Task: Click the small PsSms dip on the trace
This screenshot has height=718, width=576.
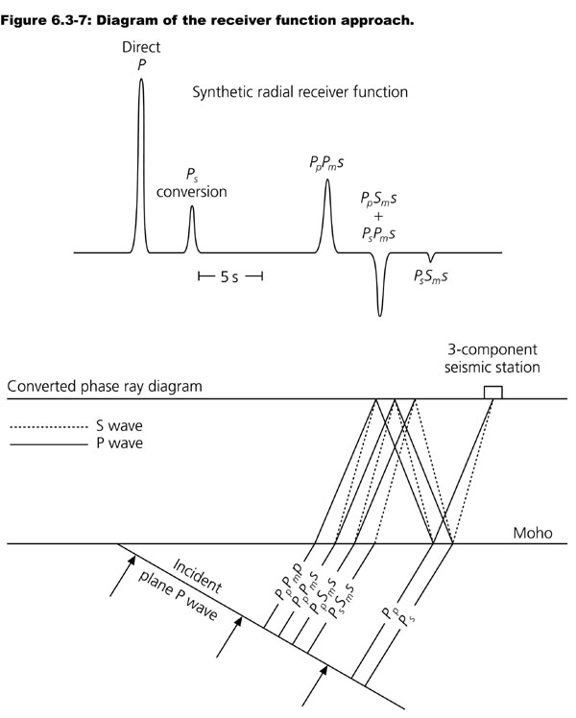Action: (431, 257)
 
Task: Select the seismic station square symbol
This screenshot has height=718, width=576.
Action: (492, 392)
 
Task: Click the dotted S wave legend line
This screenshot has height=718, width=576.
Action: (48, 425)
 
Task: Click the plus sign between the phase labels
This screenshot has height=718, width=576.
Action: (377, 217)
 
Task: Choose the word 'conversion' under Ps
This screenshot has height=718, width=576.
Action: (192, 191)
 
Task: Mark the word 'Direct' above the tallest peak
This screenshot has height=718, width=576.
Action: (141, 46)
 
